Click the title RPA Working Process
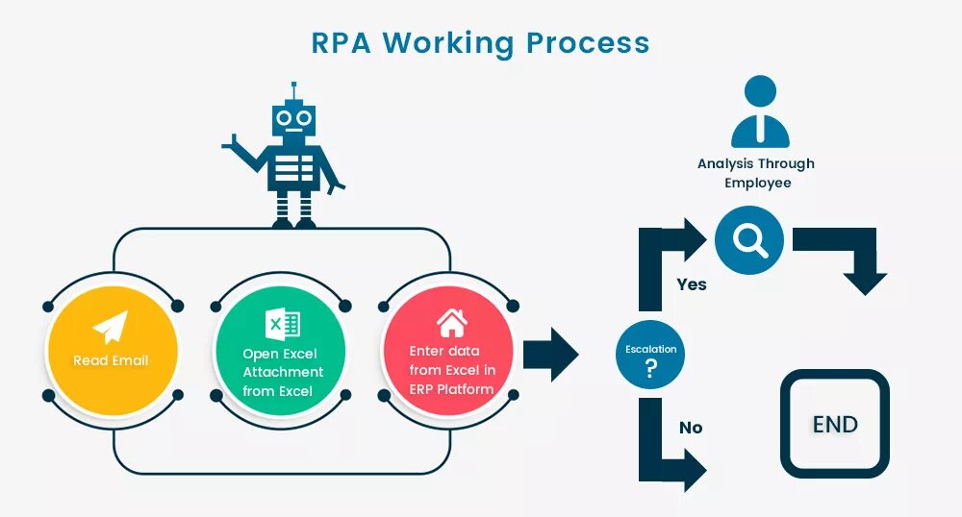pyautogui.click(x=480, y=42)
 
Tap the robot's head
pyautogui.click(x=293, y=119)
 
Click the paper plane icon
pyautogui.click(x=111, y=328)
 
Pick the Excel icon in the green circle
pyautogui.click(x=283, y=324)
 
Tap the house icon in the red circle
pyautogui.click(x=451, y=322)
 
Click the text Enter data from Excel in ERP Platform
pyautogui.click(x=451, y=370)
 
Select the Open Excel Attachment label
pyautogui.click(x=283, y=372)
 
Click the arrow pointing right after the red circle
pyautogui.click(x=551, y=354)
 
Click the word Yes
pyautogui.click(x=691, y=284)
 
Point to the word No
pyautogui.click(x=691, y=428)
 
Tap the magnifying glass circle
pyautogui.click(x=749, y=240)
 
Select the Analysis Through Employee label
pyautogui.click(x=756, y=173)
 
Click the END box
pyautogui.click(x=834, y=424)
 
